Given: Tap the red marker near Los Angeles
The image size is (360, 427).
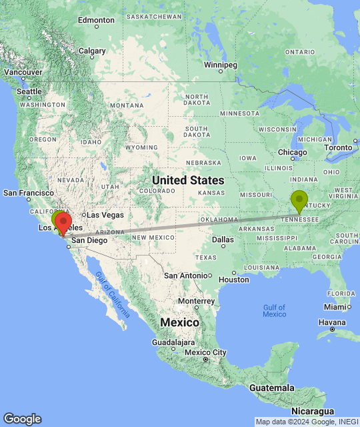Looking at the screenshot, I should click(x=63, y=222).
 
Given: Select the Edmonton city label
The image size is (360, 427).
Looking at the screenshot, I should click(x=96, y=20).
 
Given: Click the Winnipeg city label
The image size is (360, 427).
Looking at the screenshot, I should click(x=220, y=65).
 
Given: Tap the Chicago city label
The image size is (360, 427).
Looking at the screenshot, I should click(x=293, y=152).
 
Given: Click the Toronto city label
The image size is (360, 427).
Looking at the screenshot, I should click(x=338, y=147).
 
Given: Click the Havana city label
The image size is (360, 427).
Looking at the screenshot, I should click(x=333, y=322).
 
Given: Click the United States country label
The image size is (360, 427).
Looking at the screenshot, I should click(x=188, y=180).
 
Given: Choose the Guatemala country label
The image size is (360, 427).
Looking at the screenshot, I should click(x=271, y=388).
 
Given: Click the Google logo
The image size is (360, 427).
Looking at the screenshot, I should click(x=22, y=419).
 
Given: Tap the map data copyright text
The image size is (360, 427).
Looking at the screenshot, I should click(x=307, y=422).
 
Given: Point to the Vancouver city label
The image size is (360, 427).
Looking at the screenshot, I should click(x=23, y=72).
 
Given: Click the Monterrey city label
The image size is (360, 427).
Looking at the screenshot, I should click(x=196, y=301).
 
